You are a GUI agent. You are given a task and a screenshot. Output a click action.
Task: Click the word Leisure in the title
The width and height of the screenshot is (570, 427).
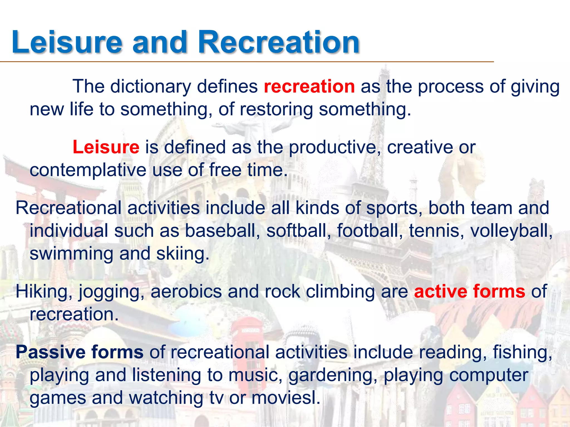pyautogui.click(x=67, y=42)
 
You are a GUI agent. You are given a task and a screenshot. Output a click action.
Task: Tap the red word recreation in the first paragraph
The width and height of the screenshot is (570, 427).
pyautogui.click(x=309, y=86)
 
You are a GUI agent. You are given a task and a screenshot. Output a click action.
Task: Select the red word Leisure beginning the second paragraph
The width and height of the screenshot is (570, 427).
pyautogui.click(x=106, y=147)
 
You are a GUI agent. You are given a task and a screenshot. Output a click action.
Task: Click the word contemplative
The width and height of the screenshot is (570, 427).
pyautogui.click(x=88, y=170)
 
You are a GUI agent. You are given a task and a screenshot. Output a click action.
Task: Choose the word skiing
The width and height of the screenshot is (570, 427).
pyautogui.click(x=183, y=254)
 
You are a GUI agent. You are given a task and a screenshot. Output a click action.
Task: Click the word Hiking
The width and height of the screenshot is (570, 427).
pyautogui.click(x=44, y=291)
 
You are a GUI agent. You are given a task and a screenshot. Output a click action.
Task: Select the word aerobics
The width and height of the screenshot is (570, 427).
pyautogui.click(x=186, y=291)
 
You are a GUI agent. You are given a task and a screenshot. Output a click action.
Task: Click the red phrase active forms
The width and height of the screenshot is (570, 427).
pyautogui.click(x=470, y=291)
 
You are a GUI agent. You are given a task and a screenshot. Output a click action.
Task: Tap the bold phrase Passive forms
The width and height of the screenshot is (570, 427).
pyautogui.click(x=80, y=352)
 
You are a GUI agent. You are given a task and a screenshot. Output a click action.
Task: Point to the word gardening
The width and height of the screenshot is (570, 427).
pyautogui.click(x=333, y=375)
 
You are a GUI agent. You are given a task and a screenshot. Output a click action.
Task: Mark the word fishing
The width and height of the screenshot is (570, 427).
pyautogui.click(x=522, y=352)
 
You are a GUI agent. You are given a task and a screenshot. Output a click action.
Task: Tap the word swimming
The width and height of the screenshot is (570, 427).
pyautogui.click(x=71, y=254)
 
